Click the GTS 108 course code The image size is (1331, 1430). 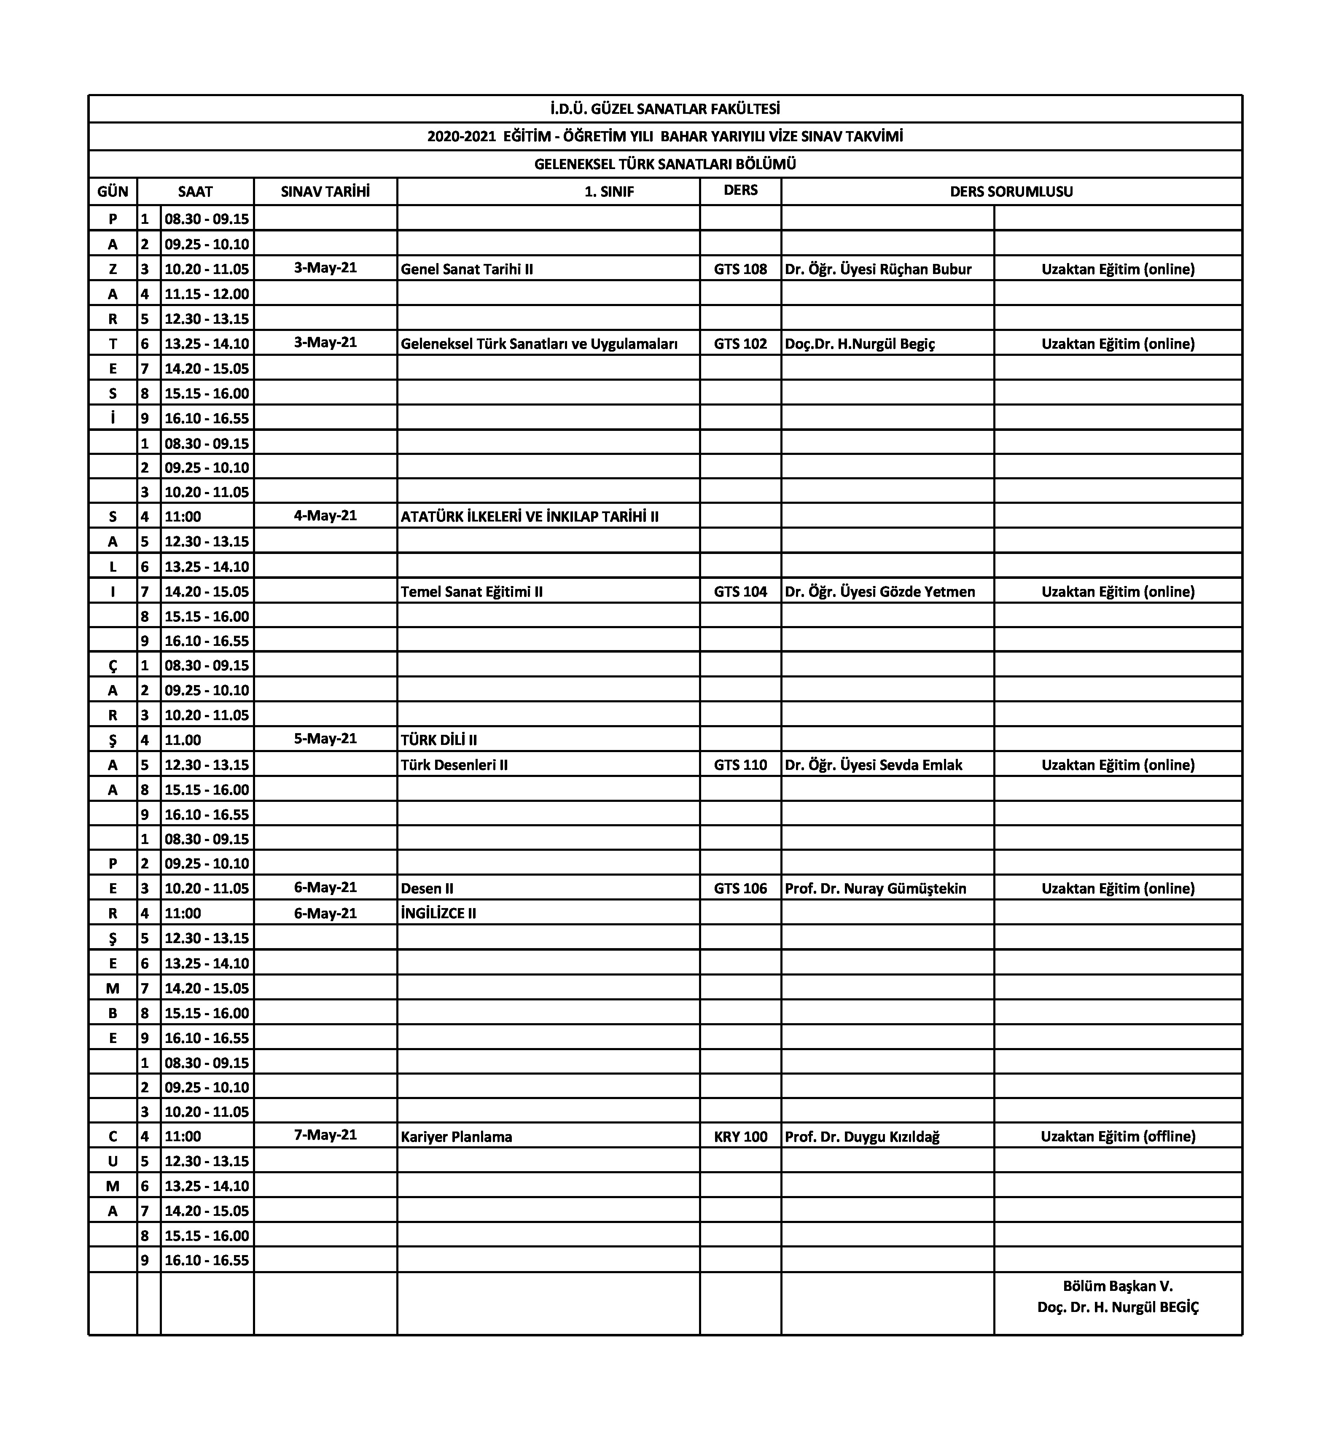point(740,269)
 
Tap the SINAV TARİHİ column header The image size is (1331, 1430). point(325,191)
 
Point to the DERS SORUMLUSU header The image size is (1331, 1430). point(1011,191)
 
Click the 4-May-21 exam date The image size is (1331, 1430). point(325,516)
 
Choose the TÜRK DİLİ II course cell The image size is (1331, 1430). point(439,739)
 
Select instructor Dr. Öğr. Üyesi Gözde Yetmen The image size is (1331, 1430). point(880,591)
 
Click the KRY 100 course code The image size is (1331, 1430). point(740,1137)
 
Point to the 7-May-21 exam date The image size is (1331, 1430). point(325,1134)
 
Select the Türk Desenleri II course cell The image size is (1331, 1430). point(454,765)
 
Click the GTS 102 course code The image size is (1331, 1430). point(740,344)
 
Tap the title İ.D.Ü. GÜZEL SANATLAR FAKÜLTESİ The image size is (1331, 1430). point(665,109)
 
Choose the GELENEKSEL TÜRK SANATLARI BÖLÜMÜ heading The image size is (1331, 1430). point(665,164)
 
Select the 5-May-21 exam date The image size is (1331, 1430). point(325,739)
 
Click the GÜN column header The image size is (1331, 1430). point(113,191)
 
